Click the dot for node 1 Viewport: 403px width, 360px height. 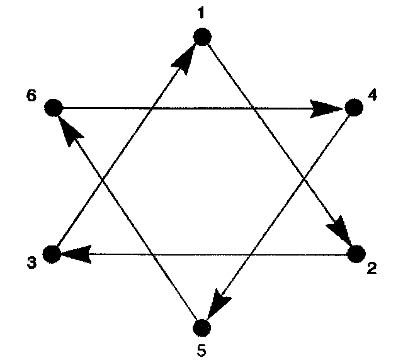pyautogui.click(x=201, y=37)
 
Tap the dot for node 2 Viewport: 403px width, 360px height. pyautogui.click(x=356, y=254)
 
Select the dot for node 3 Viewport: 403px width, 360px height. pyautogui.click(x=52, y=254)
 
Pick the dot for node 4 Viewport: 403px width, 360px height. pyautogui.click(x=354, y=108)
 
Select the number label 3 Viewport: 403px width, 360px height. pyautogui.click(x=30, y=262)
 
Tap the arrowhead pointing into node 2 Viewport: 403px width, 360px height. pyautogui.click(x=342, y=232)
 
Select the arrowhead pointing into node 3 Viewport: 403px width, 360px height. pyautogui.click(x=74, y=254)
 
